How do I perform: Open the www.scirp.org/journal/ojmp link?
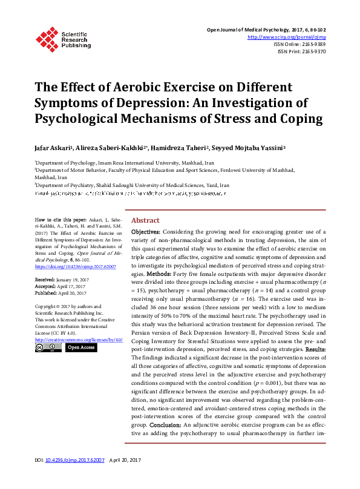click(x=286, y=37)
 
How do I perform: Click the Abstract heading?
click(x=145, y=220)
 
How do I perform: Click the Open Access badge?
click(x=80, y=348)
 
